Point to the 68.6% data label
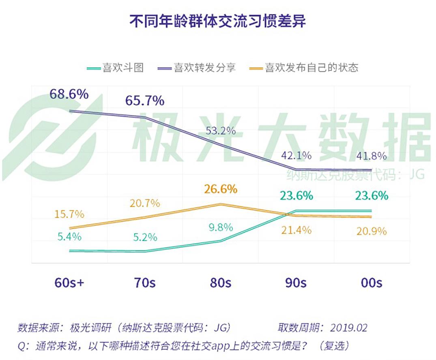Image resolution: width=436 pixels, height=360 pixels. click(x=69, y=94)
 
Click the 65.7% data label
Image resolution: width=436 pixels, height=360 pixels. click(x=145, y=100)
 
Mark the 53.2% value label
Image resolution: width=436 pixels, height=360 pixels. click(x=221, y=131)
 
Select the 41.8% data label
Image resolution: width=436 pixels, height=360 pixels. click(x=371, y=156)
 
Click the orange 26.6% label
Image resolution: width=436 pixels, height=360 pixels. click(x=221, y=189)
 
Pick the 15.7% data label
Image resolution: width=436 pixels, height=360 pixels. click(x=69, y=214)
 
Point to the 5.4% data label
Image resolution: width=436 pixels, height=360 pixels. click(x=69, y=236)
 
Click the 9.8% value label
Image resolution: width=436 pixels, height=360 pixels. click(x=221, y=227)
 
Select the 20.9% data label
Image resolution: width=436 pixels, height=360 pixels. click(x=371, y=231)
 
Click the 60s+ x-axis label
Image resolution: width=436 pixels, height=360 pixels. click(x=69, y=283)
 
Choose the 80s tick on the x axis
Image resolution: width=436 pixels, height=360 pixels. click(x=220, y=283)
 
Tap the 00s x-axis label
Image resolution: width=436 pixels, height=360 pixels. click(x=371, y=283)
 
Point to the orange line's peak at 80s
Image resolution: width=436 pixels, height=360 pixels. click(x=220, y=204)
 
